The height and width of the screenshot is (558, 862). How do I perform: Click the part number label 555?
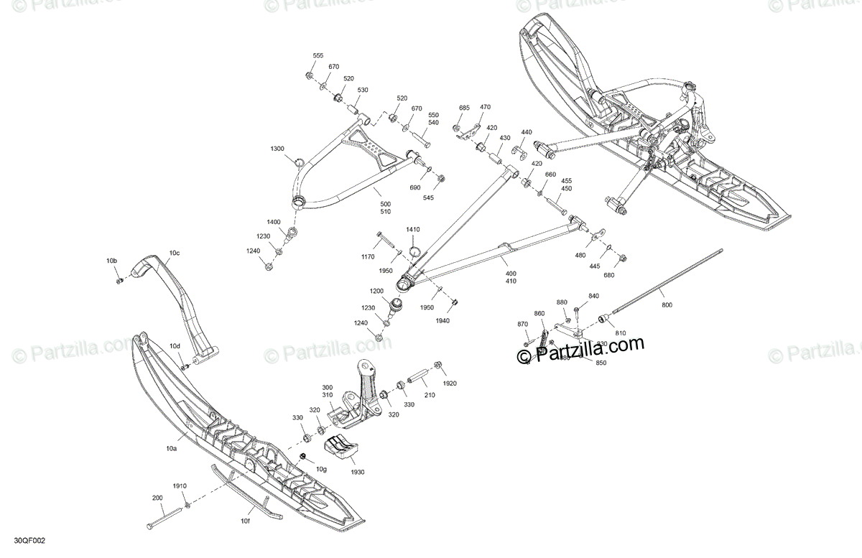[318, 56]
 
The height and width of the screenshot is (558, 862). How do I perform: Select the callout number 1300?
[277, 149]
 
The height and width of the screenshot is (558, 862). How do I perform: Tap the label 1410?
[412, 229]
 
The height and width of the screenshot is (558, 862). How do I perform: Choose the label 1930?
[358, 472]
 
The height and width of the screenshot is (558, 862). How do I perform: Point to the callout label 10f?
[246, 521]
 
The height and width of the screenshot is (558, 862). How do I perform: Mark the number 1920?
[450, 383]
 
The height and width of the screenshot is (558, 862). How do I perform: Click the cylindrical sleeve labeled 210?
[419, 377]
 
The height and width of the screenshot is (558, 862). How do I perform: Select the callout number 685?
[464, 108]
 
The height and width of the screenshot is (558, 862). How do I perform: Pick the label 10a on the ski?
[171, 449]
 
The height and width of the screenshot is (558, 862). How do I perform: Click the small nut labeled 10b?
[119, 279]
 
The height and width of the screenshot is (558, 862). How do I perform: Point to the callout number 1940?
[442, 320]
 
